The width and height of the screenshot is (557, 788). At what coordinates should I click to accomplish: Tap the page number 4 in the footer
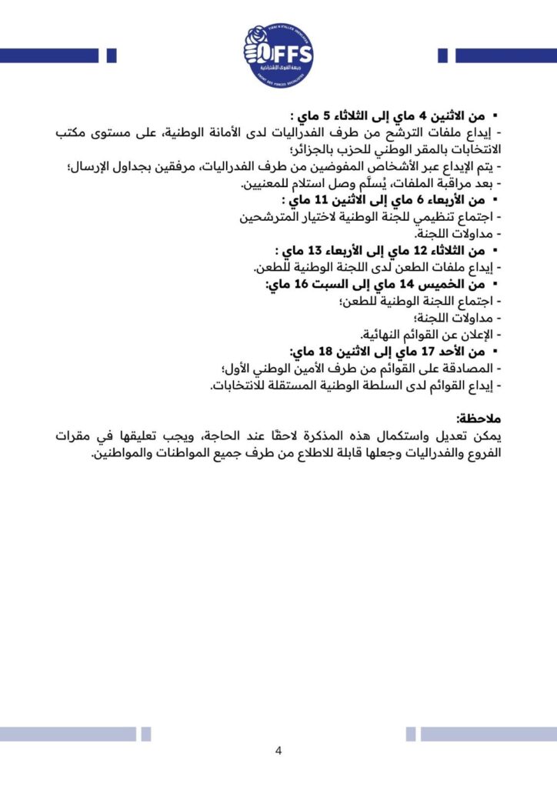pos(278,751)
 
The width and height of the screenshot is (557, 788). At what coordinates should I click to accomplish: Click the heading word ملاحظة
pos(479,419)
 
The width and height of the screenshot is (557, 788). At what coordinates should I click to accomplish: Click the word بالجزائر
pos(315,151)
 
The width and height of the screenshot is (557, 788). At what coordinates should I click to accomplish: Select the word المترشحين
pos(285,218)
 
